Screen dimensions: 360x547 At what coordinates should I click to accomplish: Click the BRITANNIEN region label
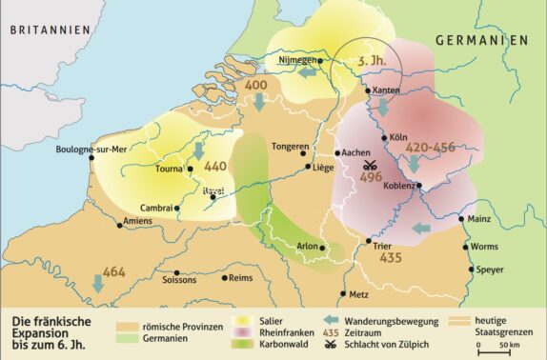(x=50, y=30)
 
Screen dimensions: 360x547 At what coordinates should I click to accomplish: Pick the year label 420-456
(x=431, y=149)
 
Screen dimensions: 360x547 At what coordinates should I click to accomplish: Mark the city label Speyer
(x=490, y=270)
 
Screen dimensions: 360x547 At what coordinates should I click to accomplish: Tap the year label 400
(x=255, y=86)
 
